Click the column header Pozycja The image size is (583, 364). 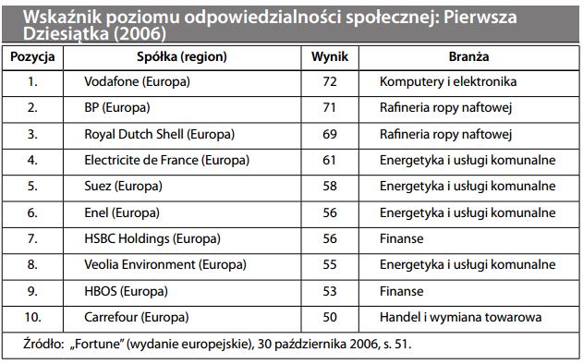click(x=33, y=56)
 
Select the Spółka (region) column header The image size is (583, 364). click(x=185, y=56)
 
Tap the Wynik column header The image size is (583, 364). click(x=330, y=56)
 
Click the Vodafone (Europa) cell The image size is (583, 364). click(x=136, y=82)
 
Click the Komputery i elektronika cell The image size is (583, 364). click(x=448, y=82)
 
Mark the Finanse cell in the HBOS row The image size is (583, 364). click(x=401, y=291)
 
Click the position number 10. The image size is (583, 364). click(x=33, y=318)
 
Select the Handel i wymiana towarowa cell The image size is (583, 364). click(x=459, y=318)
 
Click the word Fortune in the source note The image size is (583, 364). click(x=95, y=345)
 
